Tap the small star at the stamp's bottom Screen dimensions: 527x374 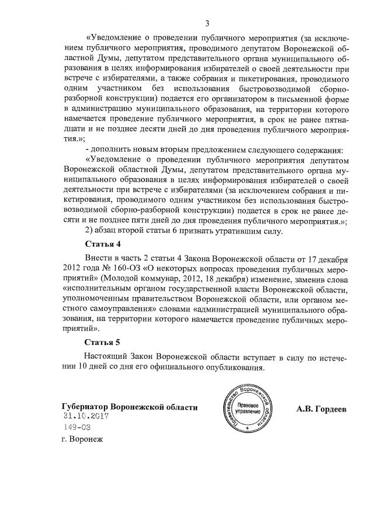click(247, 428)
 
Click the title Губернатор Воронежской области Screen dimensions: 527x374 click(129, 407)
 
